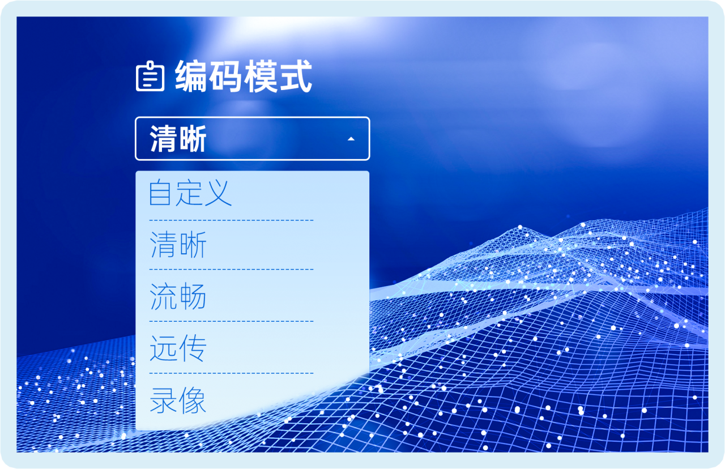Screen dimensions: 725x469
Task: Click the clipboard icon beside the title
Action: [150, 76]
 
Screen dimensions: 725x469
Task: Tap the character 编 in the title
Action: [191, 76]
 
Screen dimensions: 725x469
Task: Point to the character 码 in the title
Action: [225, 76]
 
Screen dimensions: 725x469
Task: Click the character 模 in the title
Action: [261, 76]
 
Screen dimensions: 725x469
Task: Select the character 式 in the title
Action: [296, 76]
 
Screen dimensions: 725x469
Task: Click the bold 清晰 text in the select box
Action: [178, 139]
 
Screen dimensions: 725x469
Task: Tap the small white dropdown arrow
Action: [351, 139]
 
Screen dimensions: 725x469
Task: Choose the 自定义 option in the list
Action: [190, 193]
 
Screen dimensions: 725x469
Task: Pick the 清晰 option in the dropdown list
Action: [178, 245]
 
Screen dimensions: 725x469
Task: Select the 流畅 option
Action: [178, 296]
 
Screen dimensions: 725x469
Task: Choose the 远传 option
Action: [178, 348]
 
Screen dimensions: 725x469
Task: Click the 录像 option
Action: [178, 400]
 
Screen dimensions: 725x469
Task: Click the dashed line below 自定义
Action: [232, 220]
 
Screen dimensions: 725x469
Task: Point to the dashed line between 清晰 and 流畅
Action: [232, 269]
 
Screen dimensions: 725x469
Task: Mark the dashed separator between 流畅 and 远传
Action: [232, 321]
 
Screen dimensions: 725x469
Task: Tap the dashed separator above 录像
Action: [232, 373]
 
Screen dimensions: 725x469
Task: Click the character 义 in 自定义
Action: [218, 193]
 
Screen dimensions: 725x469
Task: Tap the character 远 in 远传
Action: [163, 348]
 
